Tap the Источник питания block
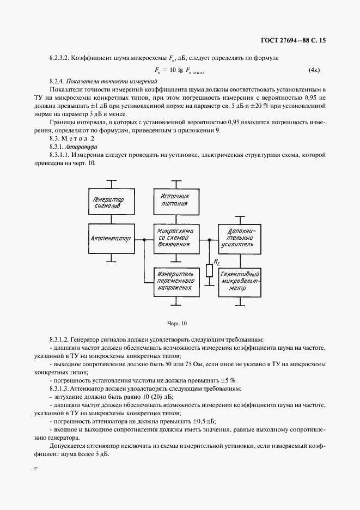(x=174, y=199)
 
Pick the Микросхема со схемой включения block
(x=174, y=239)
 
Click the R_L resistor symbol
(x=209, y=271)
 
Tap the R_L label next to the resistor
(x=217, y=263)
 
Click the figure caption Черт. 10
(x=177, y=323)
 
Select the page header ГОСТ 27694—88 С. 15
(x=293, y=40)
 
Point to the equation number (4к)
(x=314, y=70)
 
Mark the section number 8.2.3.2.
(x=62, y=56)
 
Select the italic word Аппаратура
(x=81, y=147)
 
